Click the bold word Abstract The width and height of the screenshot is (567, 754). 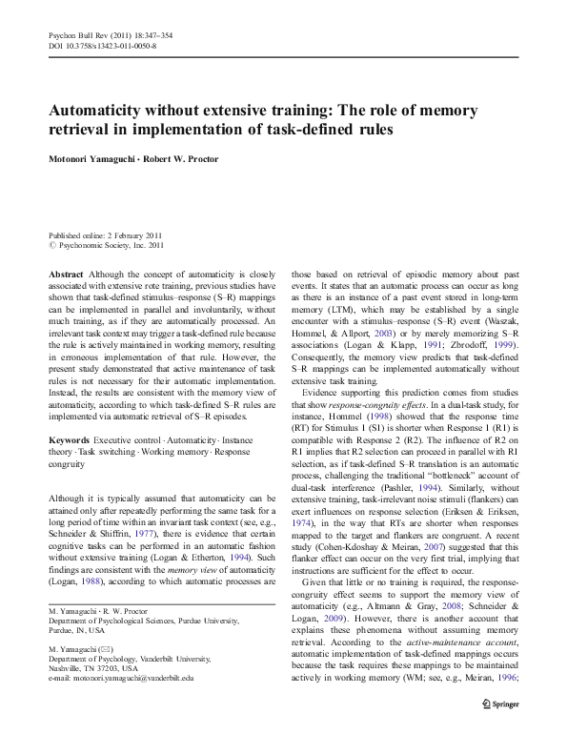(x=66, y=273)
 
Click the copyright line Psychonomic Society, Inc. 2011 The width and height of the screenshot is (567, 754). (x=109, y=245)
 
